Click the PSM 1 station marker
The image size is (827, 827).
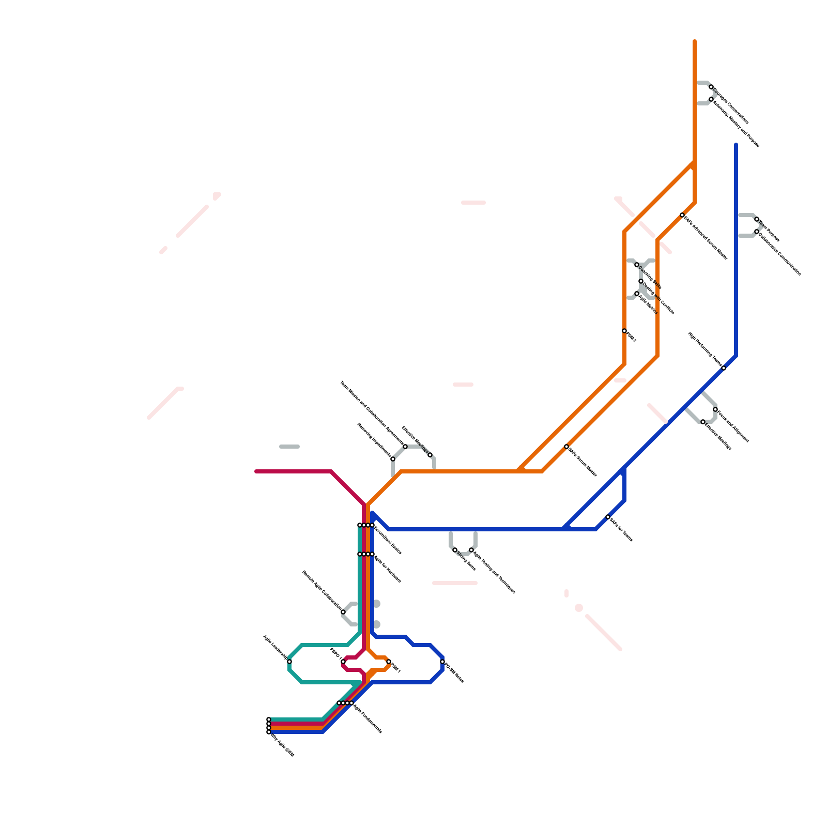(389, 662)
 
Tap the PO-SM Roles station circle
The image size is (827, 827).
(442, 662)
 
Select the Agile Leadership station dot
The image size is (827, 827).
(289, 662)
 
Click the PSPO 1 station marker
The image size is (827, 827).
(343, 662)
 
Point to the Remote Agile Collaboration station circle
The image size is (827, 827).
(343, 612)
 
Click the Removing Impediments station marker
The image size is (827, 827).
(393, 459)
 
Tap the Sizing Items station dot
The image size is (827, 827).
(455, 550)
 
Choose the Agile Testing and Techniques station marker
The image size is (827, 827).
(471, 550)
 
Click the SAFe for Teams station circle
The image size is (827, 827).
(608, 517)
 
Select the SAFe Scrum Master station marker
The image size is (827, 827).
(566, 447)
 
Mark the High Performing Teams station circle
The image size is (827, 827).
(724, 368)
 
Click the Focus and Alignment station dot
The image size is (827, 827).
(715, 409)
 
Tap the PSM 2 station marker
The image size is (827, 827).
(624, 331)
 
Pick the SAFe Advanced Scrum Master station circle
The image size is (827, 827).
(682, 215)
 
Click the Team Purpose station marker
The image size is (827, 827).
(757, 219)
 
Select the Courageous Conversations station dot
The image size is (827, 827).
(711, 87)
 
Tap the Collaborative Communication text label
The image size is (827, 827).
(780, 253)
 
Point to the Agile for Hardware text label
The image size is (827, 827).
(387, 569)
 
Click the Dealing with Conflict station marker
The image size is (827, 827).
(641, 281)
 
